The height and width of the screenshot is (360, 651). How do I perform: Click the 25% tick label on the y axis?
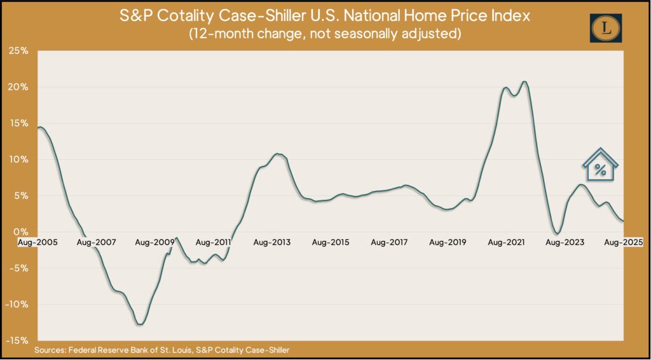(x=18, y=50)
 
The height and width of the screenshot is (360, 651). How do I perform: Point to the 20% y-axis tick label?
(x=18, y=87)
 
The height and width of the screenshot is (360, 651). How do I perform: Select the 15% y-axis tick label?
(x=18, y=123)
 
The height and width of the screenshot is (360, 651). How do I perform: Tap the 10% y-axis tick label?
(x=18, y=159)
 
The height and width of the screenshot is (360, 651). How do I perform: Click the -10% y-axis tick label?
(x=17, y=304)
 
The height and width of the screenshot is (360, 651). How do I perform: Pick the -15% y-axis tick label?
(x=17, y=340)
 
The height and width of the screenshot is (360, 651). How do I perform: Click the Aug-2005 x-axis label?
(x=36, y=242)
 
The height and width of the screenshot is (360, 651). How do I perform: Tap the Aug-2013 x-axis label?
(x=272, y=242)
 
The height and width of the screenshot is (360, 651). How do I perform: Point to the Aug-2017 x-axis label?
(x=389, y=242)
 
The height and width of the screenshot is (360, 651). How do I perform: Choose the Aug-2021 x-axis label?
(x=507, y=242)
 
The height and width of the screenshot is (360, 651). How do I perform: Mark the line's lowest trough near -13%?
(x=140, y=324)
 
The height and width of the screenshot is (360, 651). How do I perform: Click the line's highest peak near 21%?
(x=523, y=82)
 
